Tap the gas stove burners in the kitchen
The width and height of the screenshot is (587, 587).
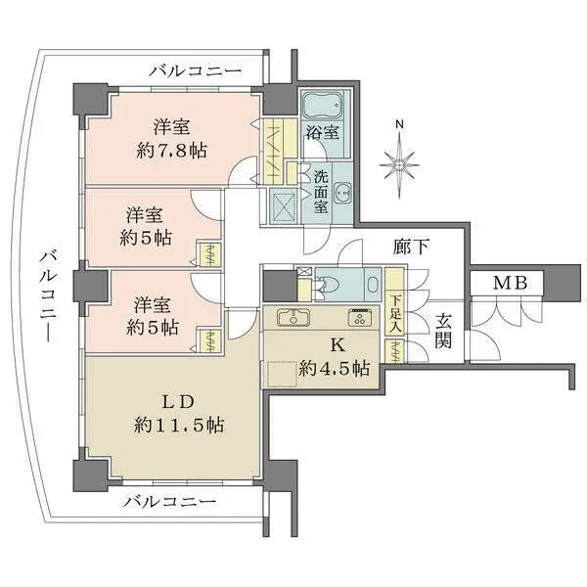[358, 317]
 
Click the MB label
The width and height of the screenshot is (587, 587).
[508, 283]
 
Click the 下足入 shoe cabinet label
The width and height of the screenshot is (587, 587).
[395, 313]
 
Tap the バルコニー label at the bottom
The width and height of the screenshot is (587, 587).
[169, 502]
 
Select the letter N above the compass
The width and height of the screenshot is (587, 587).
[398, 124]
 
